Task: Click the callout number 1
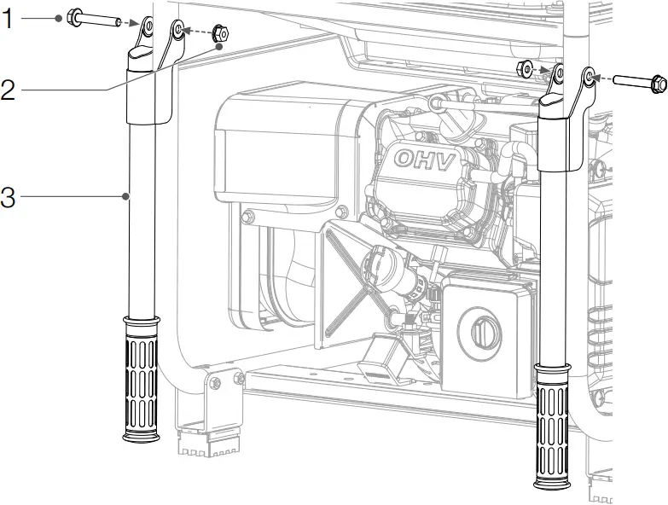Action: tap(8, 18)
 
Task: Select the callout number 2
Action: tap(8, 89)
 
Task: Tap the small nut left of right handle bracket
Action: tap(528, 67)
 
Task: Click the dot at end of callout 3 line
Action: tap(126, 197)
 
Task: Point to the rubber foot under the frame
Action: tap(206, 443)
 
